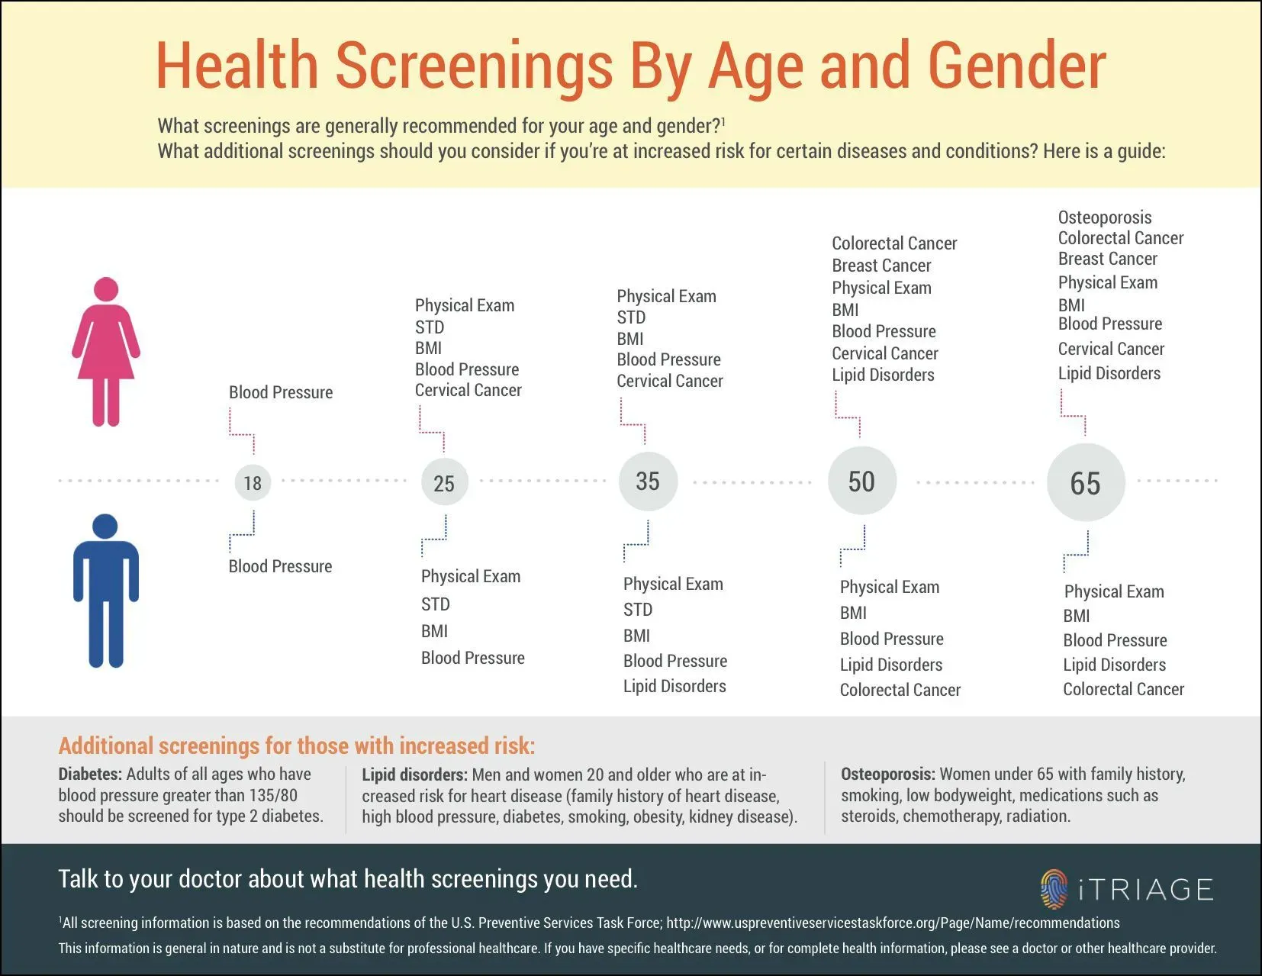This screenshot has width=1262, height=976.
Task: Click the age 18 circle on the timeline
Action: click(253, 482)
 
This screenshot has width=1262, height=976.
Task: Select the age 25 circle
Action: click(444, 483)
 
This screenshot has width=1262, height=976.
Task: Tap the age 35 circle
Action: click(648, 482)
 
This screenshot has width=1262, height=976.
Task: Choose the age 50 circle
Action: click(861, 482)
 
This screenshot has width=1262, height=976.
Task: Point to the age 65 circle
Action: click(1085, 483)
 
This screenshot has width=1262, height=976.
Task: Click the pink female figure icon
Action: click(106, 352)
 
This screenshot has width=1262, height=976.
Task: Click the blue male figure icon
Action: click(106, 591)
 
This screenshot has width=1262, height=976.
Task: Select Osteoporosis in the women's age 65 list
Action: click(1104, 217)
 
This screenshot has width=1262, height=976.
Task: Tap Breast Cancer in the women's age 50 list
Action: click(881, 266)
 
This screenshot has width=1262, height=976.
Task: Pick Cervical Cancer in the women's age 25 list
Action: click(468, 390)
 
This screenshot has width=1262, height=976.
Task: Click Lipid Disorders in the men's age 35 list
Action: click(674, 686)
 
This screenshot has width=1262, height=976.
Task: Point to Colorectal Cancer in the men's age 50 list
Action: click(900, 690)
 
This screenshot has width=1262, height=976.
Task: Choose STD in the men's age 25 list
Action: click(436, 604)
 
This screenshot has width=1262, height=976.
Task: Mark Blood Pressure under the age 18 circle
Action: click(280, 566)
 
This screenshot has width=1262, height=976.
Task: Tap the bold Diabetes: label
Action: click(90, 774)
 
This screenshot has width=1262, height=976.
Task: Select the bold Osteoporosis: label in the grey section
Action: click(887, 774)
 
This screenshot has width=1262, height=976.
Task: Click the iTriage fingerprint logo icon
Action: click(1054, 889)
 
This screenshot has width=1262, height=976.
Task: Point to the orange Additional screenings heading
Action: click(297, 746)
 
